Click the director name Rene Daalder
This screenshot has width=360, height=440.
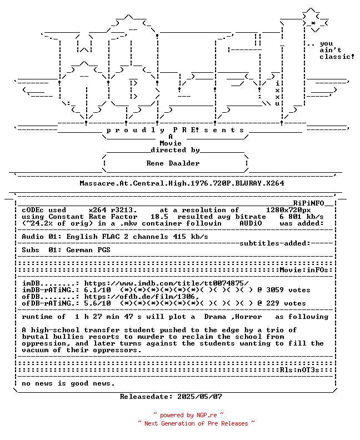coord(173,163)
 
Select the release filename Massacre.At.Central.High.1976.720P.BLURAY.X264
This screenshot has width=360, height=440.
coord(182,183)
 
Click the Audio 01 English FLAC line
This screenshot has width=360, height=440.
coord(115,237)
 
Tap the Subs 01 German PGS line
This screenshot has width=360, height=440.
coord(66,250)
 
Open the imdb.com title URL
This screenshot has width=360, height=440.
coord(166,283)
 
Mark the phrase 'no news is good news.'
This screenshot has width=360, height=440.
coord(68,383)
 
